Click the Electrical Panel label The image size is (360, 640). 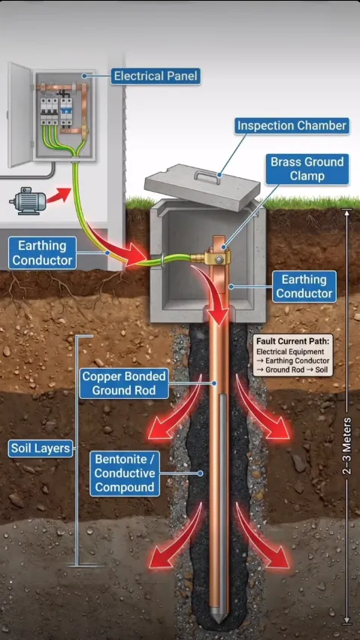coord(156,76)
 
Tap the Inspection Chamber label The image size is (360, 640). coord(292,125)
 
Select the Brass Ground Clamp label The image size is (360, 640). coord(307,169)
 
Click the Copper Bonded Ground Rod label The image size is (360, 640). coord(124,383)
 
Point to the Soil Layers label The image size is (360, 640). coord(41,448)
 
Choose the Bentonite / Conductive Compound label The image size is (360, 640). coord(125,473)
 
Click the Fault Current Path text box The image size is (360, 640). coord(292,355)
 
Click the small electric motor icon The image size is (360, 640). coord(27,200)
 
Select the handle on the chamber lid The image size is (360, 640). coord(207,176)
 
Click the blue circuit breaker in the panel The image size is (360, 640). coord(65,110)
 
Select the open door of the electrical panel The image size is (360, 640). coord(20,115)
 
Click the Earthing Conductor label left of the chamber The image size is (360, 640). coord(42,253)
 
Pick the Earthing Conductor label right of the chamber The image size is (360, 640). coord(304,287)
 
